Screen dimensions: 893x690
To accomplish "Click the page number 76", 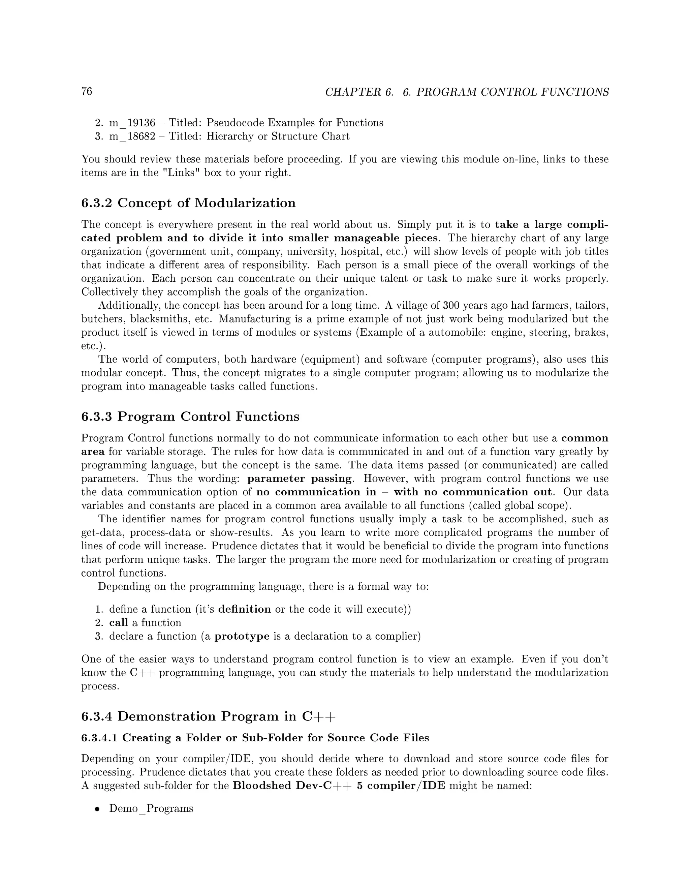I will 87,91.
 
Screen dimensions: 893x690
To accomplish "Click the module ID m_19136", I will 132,123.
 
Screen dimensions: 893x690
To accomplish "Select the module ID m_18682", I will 132,136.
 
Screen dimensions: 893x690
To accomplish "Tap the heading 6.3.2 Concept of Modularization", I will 188,203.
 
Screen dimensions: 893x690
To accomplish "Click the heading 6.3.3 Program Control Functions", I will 190,416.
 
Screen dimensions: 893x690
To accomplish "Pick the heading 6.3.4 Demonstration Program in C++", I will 209,716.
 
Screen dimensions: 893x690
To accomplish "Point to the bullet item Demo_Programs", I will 151,808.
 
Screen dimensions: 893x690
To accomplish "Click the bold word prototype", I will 242,636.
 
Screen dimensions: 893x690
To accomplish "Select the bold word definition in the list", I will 245,609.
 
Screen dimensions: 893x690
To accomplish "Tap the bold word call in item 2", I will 119,623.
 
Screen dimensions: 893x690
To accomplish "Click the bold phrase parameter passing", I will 299,479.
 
